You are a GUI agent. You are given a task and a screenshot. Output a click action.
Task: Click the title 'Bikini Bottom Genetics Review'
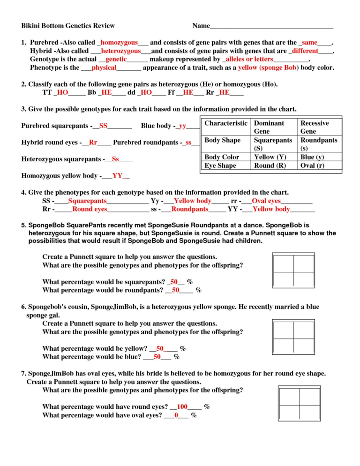[x=68, y=26]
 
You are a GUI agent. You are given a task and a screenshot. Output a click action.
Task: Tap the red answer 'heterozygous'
[x=121, y=51]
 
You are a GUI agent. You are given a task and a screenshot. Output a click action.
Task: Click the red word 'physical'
[x=104, y=68]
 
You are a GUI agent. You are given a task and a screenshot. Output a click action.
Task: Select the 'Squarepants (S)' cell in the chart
[x=273, y=144]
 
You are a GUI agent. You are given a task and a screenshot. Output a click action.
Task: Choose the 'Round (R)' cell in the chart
[x=270, y=165]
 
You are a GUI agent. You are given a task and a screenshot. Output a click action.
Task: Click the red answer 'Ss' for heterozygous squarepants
[x=115, y=159]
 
